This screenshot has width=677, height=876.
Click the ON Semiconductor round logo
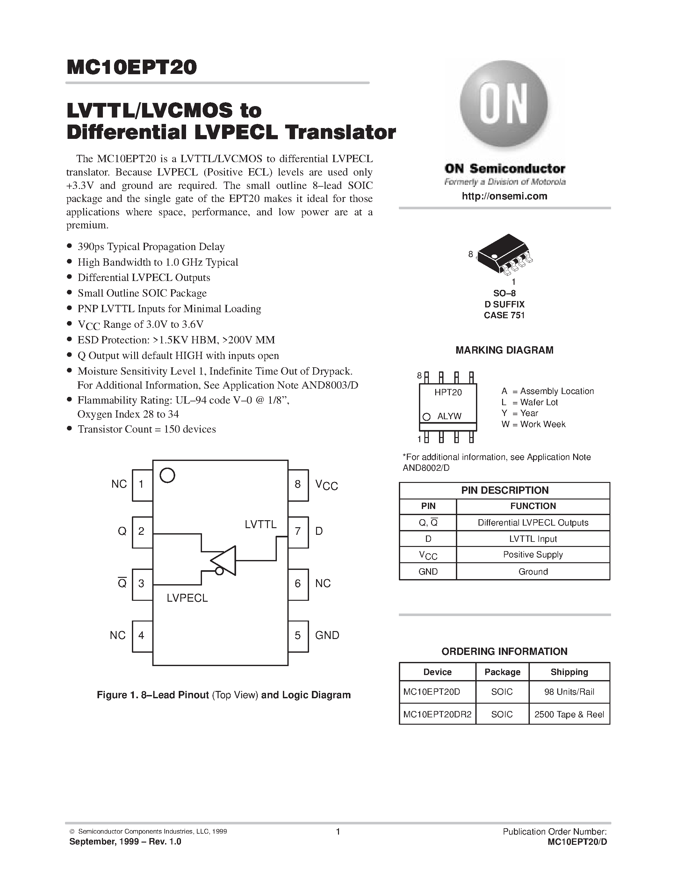[504, 104]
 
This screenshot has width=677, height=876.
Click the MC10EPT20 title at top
[132, 68]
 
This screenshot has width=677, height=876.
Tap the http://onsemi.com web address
[504, 196]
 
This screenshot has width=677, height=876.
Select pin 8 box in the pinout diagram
[298, 485]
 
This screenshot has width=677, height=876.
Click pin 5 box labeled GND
[298, 636]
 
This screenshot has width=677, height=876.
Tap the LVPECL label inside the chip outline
[187, 598]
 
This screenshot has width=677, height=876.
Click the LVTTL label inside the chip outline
[261, 524]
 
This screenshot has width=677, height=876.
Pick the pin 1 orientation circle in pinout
[167, 475]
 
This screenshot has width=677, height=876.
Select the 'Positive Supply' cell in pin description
[533, 555]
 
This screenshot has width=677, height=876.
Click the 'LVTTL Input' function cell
[533, 539]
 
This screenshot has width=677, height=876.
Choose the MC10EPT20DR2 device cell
[437, 714]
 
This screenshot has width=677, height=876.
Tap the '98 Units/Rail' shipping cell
[569, 692]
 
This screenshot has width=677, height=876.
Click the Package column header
[502, 672]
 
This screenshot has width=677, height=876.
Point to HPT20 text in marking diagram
[448, 392]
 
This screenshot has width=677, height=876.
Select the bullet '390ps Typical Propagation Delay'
[151, 247]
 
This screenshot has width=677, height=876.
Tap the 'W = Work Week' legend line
[533, 424]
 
